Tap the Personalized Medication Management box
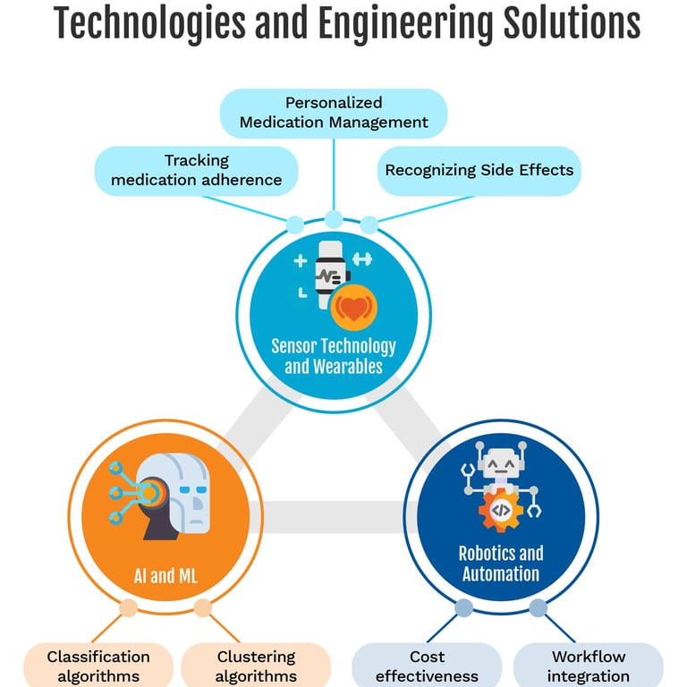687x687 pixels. point(333,113)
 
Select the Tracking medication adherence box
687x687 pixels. point(196,171)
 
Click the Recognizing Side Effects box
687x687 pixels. point(479,170)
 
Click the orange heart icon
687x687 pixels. point(354,310)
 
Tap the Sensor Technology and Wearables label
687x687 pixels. point(334,355)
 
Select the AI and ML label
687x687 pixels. point(162,575)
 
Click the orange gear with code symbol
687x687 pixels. point(501,511)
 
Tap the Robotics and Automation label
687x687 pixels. point(501,564)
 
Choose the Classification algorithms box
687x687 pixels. point(98,666)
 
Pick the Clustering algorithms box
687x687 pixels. point(256,666)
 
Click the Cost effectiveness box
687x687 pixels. point(427,666)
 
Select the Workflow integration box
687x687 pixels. point(589,666)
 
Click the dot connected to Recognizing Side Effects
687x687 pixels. point(369,225)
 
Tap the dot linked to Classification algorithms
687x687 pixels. point(128,609)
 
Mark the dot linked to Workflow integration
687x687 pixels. point(539,609)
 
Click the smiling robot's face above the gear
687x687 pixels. point(501,466)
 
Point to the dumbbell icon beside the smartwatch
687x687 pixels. point(362,259)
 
